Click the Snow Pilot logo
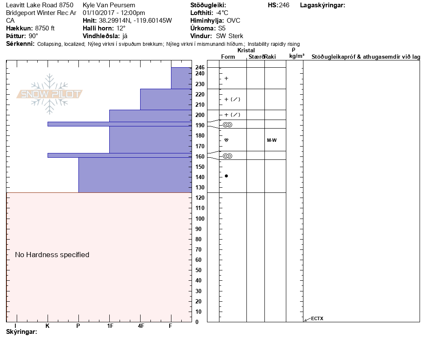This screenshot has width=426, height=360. click(50, 94)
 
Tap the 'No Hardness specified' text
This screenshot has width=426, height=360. click(52, 255)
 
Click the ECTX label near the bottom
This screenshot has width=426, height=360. click(317, 318)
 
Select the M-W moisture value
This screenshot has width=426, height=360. click(272, 140)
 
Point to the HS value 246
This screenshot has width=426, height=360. click(284, 5)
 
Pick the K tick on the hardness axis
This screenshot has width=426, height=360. click(48, 326)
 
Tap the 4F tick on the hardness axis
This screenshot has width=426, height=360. click(141, 326)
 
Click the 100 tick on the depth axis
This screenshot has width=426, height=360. click(200, 219)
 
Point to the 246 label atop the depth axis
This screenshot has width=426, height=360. click(200, 68)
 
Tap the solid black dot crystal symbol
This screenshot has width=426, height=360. click(226, 176)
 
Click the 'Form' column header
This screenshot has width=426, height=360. click(228, 57)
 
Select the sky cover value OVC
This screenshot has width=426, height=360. click(234, 21)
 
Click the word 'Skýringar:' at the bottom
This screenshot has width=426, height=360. click(22, 332)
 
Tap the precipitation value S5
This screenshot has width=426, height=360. click(222, 28)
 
